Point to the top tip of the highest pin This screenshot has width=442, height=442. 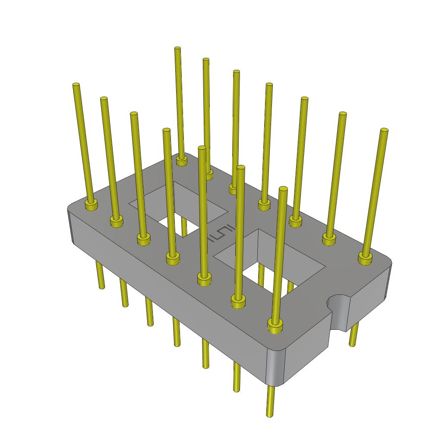(x=177, y=49)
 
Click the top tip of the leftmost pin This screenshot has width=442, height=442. (x=76, y=85)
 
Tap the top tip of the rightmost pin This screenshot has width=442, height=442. (x=384, y=131)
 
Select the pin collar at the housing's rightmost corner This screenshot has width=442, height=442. (x=365, y=258)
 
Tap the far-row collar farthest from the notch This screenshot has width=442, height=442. (x=182, y=161)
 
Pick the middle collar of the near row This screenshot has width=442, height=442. (x=173, y=259)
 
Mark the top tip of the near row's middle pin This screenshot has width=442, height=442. (x=167, y=130)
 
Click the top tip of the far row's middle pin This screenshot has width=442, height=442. (x=269, y=85)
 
